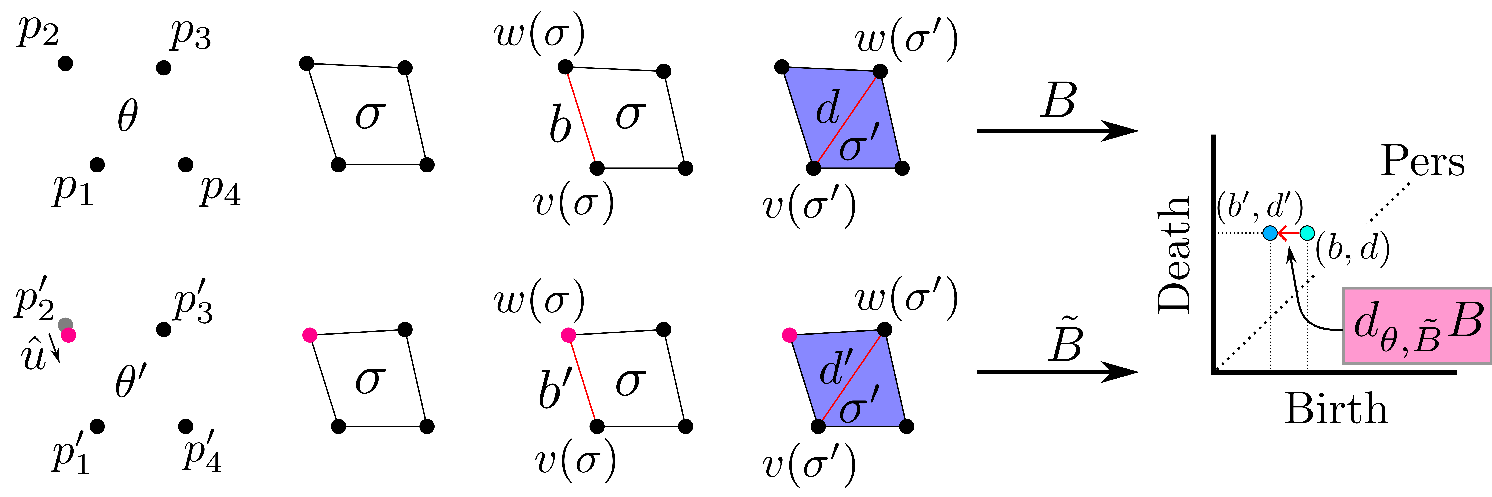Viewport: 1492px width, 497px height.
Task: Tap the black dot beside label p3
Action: coord(164,68)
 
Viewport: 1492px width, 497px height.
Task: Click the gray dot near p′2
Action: coord(65,325)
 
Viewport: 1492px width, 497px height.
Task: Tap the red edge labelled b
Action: coord(581,117)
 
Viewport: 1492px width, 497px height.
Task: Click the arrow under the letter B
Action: coord(1057,131)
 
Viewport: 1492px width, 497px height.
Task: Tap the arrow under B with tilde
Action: coord(1057,371)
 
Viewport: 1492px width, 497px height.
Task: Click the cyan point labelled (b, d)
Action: coord(1307,233)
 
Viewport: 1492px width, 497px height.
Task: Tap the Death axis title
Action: coord(1174,255)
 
